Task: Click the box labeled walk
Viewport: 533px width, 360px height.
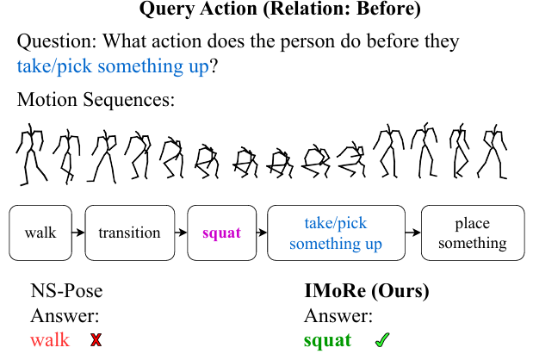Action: pyautogui.click(x=40, y=233)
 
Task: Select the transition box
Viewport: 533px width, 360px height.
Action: pyautogui.click(x=130, y=233)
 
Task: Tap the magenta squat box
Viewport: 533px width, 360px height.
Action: pyautogui.click(x=221, y=233)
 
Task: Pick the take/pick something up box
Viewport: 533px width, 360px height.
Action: pyautogui.click(x=336, y=233)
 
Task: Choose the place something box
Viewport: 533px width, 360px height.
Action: pyautogui.click(x=473, y=233)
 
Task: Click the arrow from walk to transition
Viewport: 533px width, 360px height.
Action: pyautogui.click(x=78, y=233)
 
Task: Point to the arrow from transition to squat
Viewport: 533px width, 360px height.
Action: pyautogui.click(x=181, y=233)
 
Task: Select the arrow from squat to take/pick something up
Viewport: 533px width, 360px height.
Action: pyautogui.click(x=262, y=233)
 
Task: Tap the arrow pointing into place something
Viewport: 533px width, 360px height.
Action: pyautogui.click(x=413, y=233)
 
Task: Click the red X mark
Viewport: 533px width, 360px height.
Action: pyautogui.click(x=96, y=339)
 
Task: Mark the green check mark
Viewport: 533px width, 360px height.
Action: pyautogui.click(x=382, y=339)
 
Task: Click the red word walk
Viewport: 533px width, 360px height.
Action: pyautogui.click(x=50, y=340)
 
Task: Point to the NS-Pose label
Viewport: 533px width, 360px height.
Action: pyautogui.click(x=66, y=291)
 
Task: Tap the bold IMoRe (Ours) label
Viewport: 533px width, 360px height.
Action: pyautogui.click(x=367, y=291)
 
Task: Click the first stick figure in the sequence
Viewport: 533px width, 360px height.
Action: pyautogui.click(x=31, y=154)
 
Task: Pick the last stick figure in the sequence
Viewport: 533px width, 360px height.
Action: pyautogui.click(x=493, y=152)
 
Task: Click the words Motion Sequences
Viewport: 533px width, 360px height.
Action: pyautogui.click(x=96, y=100)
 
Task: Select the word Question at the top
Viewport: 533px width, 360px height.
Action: pyautogui.click(x=57, y=42)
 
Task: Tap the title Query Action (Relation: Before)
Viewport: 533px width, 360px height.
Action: pyautogui.click(x=280, y=9)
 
